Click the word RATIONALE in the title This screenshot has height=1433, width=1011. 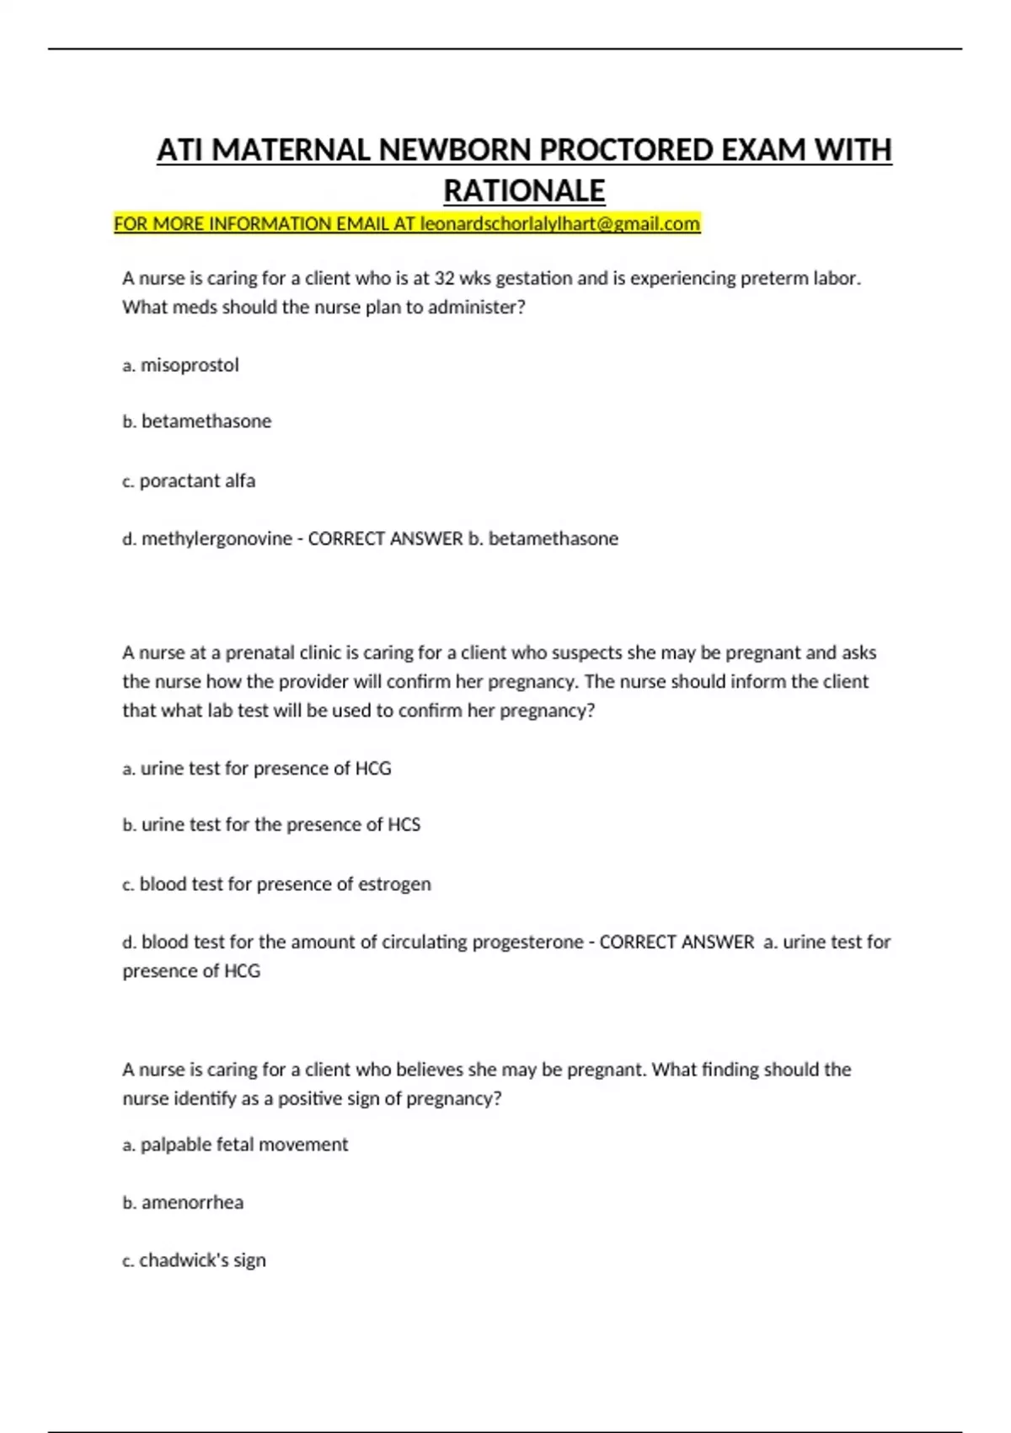point(524,191)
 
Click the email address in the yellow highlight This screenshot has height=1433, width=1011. point(560,224)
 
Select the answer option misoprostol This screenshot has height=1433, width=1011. point(190,366)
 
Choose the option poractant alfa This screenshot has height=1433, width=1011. point(197,481)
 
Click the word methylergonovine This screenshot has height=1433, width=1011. point(217,539)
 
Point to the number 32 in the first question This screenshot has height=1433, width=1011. point(444,278)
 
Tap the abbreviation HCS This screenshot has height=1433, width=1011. point(404,824)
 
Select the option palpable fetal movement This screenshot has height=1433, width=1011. point(243,1145)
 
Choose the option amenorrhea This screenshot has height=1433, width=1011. point(192,1203)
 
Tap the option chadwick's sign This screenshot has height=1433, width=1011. point(202,1260)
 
